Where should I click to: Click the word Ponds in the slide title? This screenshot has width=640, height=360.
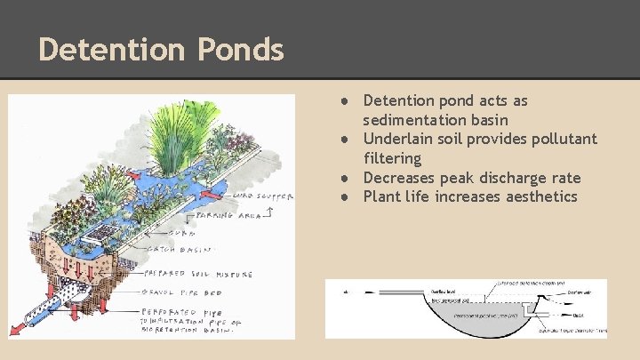240,50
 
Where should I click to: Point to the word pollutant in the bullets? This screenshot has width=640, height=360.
563,139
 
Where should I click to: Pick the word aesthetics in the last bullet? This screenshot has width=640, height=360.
510,196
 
